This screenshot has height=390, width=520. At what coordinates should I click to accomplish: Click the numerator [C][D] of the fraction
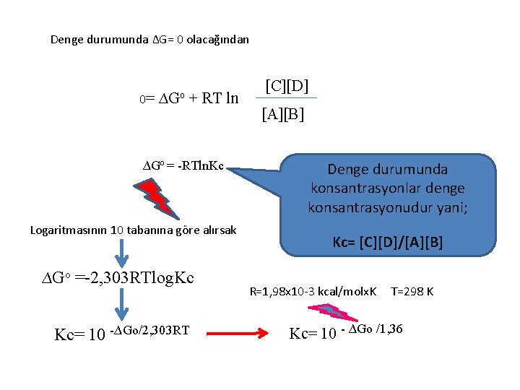tap(287, 87)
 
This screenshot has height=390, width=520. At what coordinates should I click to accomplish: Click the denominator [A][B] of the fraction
tap(282, 114)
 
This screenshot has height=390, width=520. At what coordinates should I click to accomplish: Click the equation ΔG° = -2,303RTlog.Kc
tap(117, 278)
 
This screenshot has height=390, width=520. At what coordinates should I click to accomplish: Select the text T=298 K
tap(412, 292)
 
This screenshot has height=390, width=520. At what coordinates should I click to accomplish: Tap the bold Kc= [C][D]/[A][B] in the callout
tap(388, 243)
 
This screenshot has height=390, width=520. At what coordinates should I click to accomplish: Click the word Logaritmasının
tap(69, 230)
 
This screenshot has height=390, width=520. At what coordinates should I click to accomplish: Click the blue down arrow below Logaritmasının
tap(123, 253)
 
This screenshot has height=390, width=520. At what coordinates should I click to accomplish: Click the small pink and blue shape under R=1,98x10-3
tap(328, 311)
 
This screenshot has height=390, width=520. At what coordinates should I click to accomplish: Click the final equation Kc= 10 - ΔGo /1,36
tap(346, 332)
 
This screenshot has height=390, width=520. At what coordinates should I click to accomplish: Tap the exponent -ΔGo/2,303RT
tap(149, 330)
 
